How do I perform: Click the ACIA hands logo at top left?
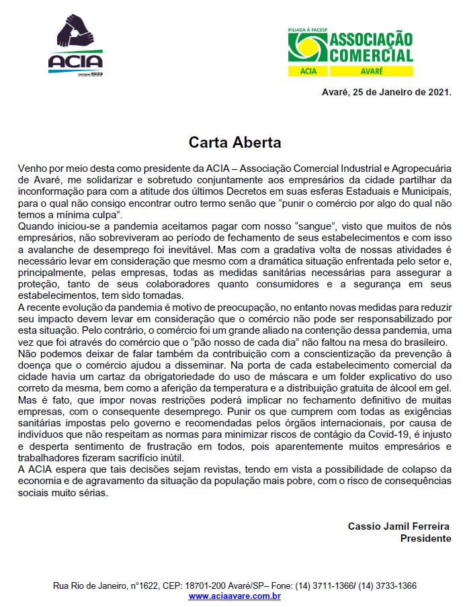[x=75, y=48]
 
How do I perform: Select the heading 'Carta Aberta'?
[x=235, y=142]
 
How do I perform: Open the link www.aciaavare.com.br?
[x=235, y=596]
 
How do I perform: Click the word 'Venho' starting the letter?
[x=28, y=166]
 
